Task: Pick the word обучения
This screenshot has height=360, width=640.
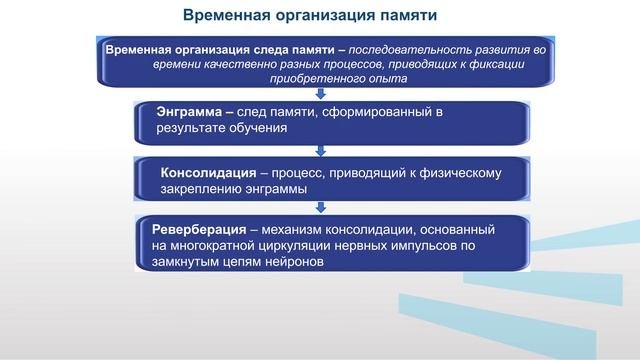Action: pos(254,129)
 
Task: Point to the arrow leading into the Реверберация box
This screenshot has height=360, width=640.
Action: pos(320,207)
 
